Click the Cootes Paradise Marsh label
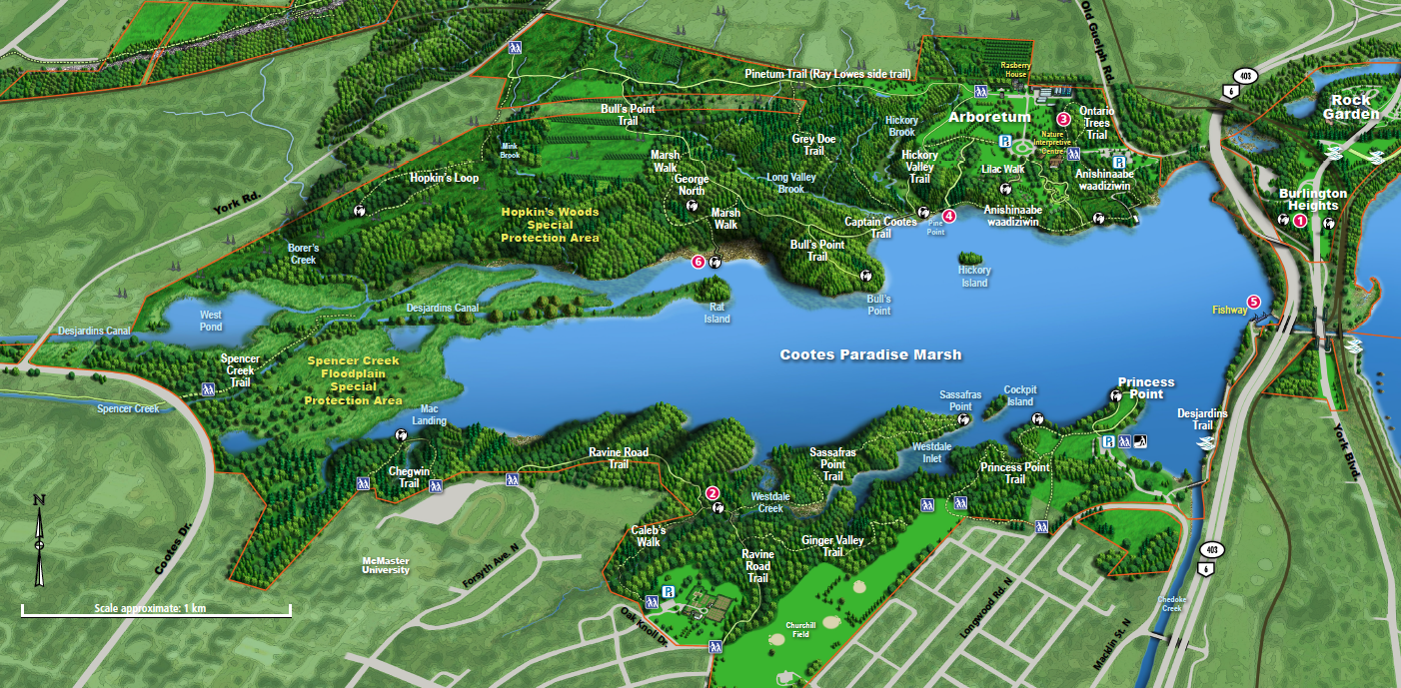point(870,354)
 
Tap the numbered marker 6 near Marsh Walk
point(700,262)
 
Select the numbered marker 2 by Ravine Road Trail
point(712,492)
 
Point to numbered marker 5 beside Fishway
point(1253,302)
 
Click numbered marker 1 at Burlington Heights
point(1300,220)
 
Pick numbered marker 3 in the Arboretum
point(1063,119)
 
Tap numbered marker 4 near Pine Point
point(949,215)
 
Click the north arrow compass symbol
point(39,540)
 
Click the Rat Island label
point(716,314)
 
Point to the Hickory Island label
point(974,277)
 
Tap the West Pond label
point(210,321)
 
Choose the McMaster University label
point(386,565)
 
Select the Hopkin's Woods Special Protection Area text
point(550,225)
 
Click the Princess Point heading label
point(1146,387)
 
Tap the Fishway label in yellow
point(1229,310)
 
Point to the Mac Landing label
point(430,414)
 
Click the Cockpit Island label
point(1019,395)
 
